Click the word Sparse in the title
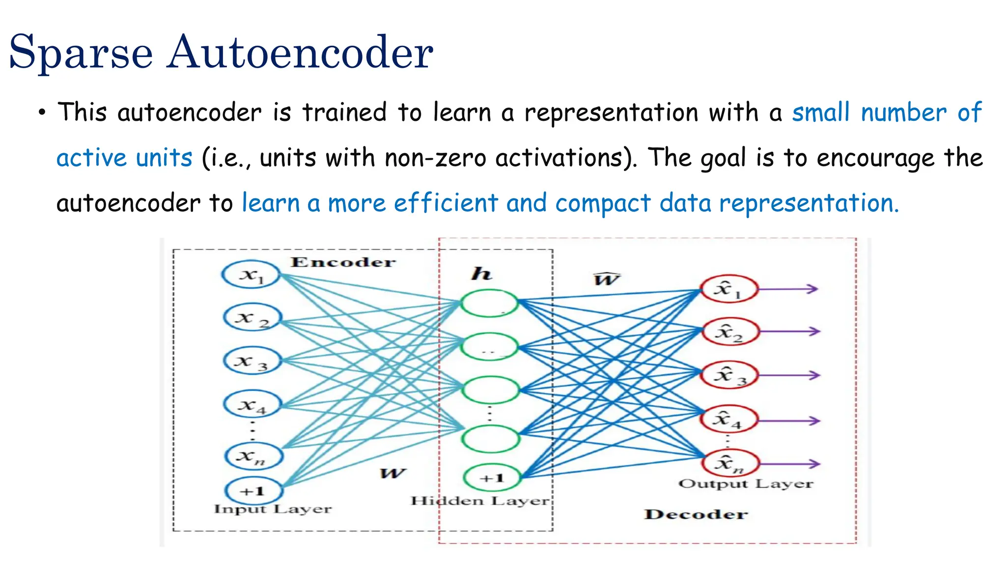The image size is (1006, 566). point(81,53)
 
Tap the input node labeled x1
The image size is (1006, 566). point(251,274)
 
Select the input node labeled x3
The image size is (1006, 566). point(252,361)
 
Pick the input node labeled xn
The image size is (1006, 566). point(253,455)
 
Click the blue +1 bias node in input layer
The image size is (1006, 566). point(253,490)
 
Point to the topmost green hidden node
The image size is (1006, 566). point(489,303)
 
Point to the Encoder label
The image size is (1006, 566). point(343,262)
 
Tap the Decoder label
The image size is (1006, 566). point(696,514)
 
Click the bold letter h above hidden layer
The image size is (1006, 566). point(481,274)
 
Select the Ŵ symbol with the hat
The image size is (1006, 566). point(607,279)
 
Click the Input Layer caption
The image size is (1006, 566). point(273,509)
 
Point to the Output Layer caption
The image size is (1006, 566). point(746,484)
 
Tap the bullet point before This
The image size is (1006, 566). point(42,113)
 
